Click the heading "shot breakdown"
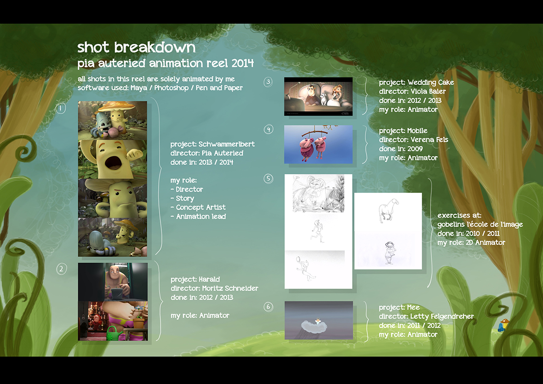(x=137, y=47)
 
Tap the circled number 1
(x=60, y=108)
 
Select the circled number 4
(x=269, y=129)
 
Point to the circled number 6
(x=269, y=307)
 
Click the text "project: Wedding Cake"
(x=416, y=83)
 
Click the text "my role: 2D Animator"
(x=471, y=243)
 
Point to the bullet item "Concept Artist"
(x=200, y=207)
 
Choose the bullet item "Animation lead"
(x=200, y=217)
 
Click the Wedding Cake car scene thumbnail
(x=318, y=96)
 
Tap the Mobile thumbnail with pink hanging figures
(x=318, y=144)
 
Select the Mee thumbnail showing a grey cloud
(x=319, y=320)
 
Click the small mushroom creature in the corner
(x=504, y=326)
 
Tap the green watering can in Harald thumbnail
(x=112, y=333)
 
